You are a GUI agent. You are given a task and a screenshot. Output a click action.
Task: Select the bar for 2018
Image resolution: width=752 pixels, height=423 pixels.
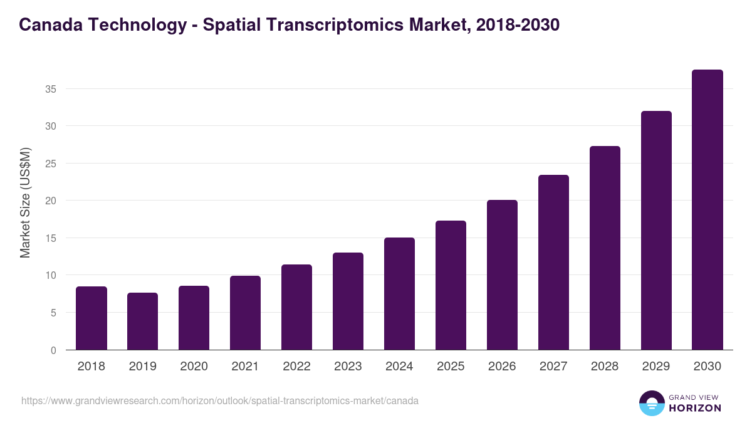tap(91, 318)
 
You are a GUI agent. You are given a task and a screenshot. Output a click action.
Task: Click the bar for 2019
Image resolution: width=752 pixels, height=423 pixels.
tap(143, 321)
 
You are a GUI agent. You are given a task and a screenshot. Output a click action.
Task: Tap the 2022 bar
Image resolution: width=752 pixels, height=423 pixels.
tap(296, 307)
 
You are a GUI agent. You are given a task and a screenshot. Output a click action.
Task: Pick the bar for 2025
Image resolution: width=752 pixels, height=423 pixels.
tap(451, 285)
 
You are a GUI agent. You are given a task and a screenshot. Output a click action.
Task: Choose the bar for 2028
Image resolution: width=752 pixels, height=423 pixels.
tap(605, 248)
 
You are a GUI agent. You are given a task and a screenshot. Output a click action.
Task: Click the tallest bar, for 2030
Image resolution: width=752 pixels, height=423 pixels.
tap(708, 210)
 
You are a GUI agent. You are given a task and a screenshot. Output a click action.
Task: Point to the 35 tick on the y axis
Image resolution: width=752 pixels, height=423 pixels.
tap(51, 89)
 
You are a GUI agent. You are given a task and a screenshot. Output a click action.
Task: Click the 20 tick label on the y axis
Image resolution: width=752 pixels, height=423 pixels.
tap(51, 201)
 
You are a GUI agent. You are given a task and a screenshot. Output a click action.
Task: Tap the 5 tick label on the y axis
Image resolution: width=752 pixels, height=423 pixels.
tap(53, 313)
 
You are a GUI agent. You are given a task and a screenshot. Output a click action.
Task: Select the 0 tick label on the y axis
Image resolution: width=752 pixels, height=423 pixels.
tap(53, 350)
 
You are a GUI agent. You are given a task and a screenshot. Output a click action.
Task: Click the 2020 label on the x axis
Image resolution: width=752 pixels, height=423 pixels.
tap(194, 367)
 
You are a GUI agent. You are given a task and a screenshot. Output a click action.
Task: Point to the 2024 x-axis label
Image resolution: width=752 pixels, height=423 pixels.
tap(399, 367)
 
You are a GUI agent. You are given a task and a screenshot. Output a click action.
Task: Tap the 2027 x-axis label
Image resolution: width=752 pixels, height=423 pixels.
tap(553, 367)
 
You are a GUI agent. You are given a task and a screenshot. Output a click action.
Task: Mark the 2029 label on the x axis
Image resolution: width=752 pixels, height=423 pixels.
tap(656, 367)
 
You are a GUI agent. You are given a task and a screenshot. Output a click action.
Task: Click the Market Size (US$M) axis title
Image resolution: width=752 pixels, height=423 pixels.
tap(25, 202)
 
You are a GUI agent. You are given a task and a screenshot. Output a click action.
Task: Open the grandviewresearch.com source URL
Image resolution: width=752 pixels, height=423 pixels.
tap(220, 400)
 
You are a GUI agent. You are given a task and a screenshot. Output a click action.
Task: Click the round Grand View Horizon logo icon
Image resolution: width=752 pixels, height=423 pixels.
tap(652, 403)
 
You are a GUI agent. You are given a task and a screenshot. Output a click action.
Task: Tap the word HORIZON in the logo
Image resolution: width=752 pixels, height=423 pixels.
tap(694, 408)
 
